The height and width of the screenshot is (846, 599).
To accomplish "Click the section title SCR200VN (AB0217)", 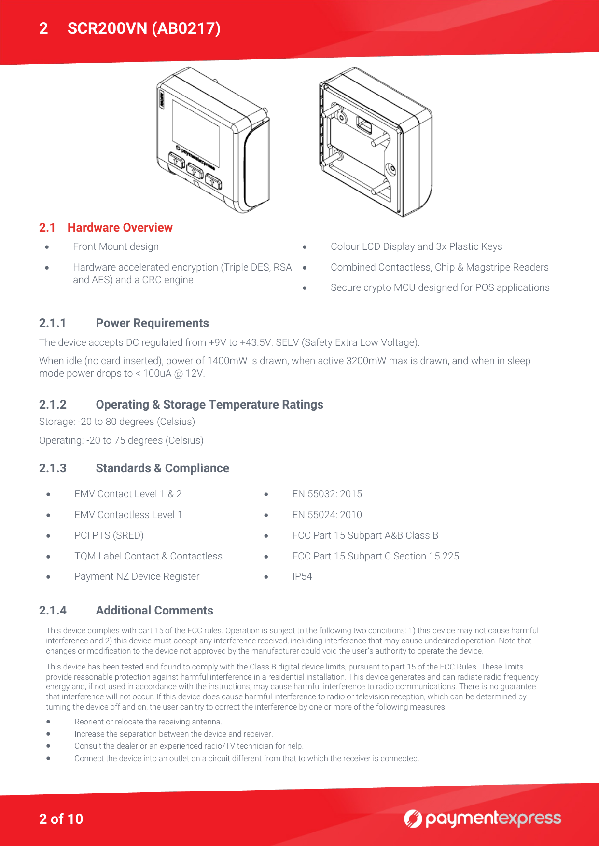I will pyautogui.click(x=144, y=28).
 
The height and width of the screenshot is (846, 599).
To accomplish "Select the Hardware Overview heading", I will pyautogui.click(x=120, y=228).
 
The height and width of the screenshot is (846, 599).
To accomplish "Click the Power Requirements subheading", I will pyautogui.click(x=152, y=323).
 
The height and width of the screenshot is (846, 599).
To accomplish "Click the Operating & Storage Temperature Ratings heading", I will pyautogui.click(x=209, y=405).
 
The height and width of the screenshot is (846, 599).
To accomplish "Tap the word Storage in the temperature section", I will pyautogui.click(x=56, y=422).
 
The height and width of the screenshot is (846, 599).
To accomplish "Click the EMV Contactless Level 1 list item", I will pyautogui.click(x=128, y=515).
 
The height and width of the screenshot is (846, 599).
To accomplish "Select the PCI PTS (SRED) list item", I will pyautogui.click(x=109, y=535).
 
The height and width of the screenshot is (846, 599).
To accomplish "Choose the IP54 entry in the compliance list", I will pyautogui.click(x=302, y=576).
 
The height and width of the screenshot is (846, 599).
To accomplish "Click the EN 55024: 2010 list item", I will pyautogui.click(x=327, y=515).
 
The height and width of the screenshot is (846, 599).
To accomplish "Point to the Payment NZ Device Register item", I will pyautogui.click(x=137, y=576).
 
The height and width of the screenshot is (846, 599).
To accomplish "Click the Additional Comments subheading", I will pyautogui.click(x=154, y=611).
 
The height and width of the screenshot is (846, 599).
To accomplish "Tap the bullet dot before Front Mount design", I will pyautogui.click(x=47, y=247).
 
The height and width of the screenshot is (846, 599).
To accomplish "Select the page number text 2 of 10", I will pyautogui.click(x=61, y=819).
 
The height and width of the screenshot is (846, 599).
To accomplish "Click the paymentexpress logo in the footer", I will pyautogui.click(x=482, y=819).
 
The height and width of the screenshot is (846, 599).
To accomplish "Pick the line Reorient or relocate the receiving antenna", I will pyautogui.click(x=148, y=722).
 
